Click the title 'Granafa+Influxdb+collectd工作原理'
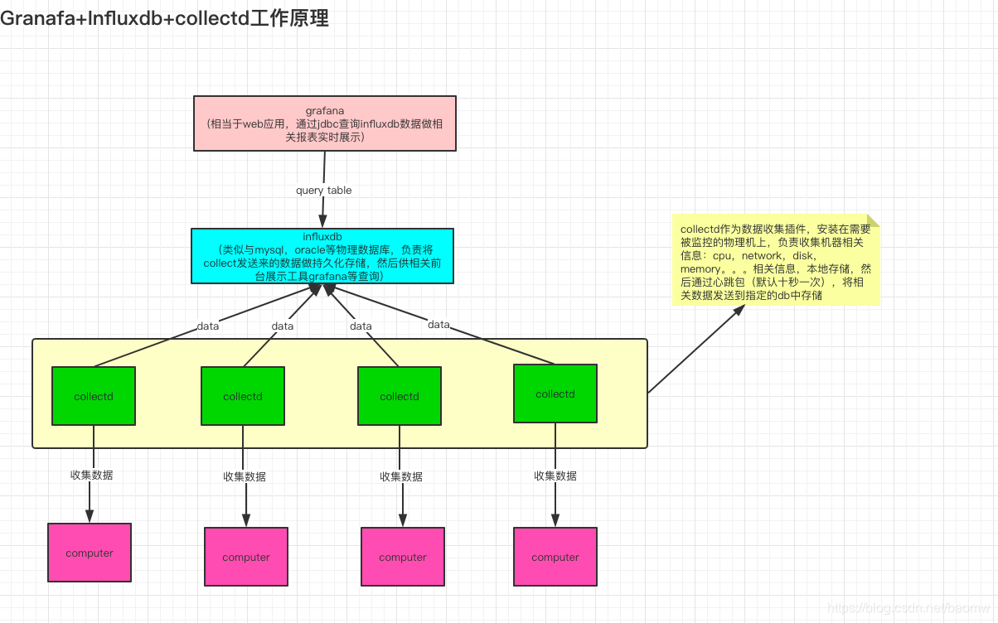(164, 18)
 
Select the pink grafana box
(324, 123)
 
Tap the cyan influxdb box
(322, 256)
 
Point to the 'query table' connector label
(323, 191)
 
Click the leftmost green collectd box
(94, 396)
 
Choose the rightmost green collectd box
(555, 394)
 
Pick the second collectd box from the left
(243, 396)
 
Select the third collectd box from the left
(400, 396)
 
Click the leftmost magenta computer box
(90, 553)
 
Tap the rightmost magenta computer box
(555, 557)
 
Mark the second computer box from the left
(246, 557)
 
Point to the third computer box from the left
(403, 557)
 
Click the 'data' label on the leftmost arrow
(208, 326)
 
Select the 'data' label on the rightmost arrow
(438, 325)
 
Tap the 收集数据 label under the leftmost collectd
(92, 475)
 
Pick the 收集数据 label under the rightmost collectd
(555, 476)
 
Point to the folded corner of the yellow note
(873, 220)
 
